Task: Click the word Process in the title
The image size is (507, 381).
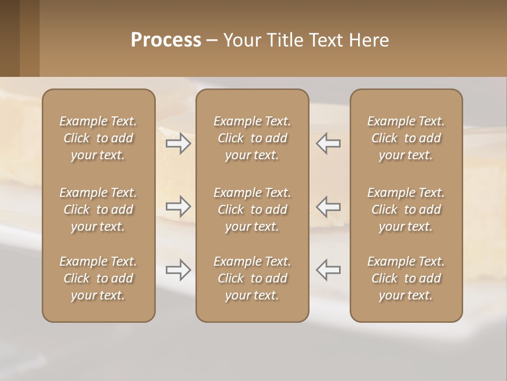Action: pyautogui.click(x=166, y=40)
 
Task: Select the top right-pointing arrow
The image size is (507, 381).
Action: pyautogui.click(x=178, y=143)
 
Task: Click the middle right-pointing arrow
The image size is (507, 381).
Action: pyautogui.click(x=178, y=206)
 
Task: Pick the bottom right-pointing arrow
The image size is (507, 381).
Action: pyautogui.click(x=178, y=270)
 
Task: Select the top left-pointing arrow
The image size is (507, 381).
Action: pyautogui.click(x=328, y=143)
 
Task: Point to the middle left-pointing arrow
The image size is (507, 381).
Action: pyautogui.click(x=328, y=206)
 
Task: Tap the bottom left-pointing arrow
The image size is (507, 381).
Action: pyautogui.click(x=328, y=270)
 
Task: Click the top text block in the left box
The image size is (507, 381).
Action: pyautogui.click(x=98, y=138)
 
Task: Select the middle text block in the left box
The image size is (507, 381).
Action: pyautogui.click(x=98, y=210)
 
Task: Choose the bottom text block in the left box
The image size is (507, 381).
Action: pyautogui.click(x=98, y=278)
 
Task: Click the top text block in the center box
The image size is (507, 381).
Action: pyautogui.click(x=252, y=138)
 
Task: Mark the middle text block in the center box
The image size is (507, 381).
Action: pyautogui.click(x=252, y=210)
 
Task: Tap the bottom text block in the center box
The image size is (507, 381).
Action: pyautogui.click(x=252, y=278)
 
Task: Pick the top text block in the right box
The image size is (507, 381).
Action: pyautogui.click(x=406, y=138)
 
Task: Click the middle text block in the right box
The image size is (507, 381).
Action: pyautogui.click(x=406, y=210)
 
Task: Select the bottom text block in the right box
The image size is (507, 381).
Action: pyautogui.click(x=406, y=278)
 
